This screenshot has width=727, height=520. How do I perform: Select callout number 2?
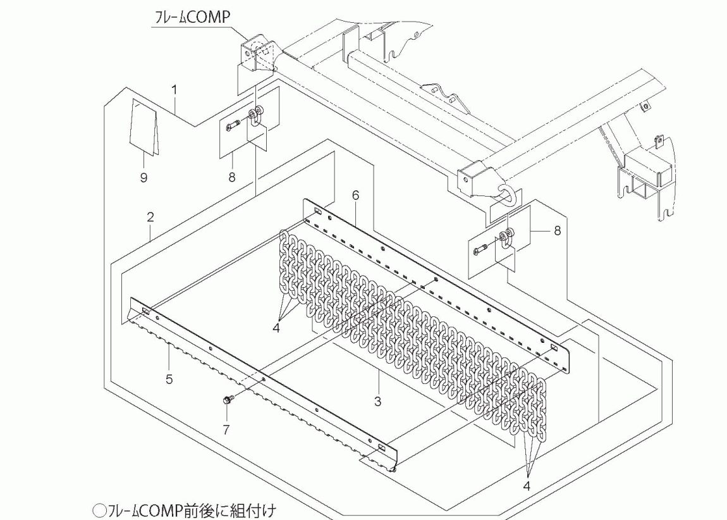pyautogui.click(x=150, y=217)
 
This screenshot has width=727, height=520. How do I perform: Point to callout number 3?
pyautogui.click(x=377, y=400)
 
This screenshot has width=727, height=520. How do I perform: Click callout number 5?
pyautogui.click(x=169, y=380)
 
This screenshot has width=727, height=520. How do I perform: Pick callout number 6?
pyautogui.click(x=356, y=195)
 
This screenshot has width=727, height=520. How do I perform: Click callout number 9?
pyautogui.click(x=144, y=178)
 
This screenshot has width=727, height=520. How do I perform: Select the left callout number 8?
pyautogui.click(x=232, y=178)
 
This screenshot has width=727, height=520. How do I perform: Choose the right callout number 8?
pyautogui.click(x=557, y=231)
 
